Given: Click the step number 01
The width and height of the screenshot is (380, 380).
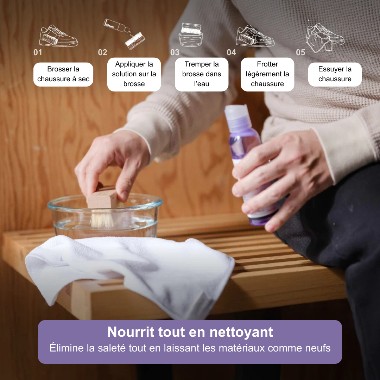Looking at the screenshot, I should [x=38, y=52].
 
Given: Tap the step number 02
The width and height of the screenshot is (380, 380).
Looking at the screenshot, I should [x=102, y=52].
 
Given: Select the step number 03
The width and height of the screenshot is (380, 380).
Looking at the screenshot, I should [x=175, y=52].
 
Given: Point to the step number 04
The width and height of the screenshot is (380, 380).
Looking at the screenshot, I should [x=231, y=52].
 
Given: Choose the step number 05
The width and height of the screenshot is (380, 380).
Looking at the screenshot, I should [x=300, y=52].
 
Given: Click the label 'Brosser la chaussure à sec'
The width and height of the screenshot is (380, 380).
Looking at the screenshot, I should [x=63, y=74].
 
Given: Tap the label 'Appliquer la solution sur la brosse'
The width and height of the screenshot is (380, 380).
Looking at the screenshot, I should [x=134, y=74].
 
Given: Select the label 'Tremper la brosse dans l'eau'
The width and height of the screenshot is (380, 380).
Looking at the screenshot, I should [x=202, y=74].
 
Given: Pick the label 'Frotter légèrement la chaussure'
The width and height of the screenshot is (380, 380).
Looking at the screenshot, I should [x=267, y=74].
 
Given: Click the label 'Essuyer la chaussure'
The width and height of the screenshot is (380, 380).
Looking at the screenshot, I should [x=335, y=74].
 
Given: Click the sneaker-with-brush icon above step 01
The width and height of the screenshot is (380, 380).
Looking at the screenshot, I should [x=58, y=36].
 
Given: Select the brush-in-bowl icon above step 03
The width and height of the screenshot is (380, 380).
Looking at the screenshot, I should [x=191, y=34].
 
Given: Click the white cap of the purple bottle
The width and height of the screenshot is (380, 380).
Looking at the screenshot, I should [x=236, y=113].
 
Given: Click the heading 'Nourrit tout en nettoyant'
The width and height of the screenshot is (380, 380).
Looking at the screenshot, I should [x=190, y=332].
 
